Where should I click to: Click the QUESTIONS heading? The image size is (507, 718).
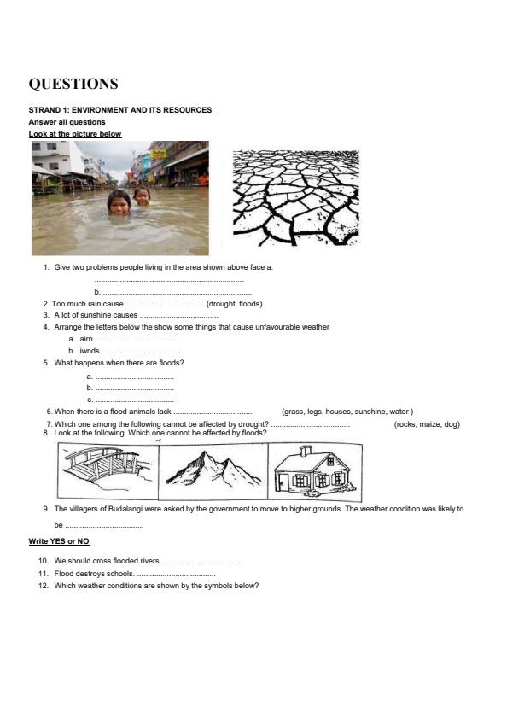pos(73,84)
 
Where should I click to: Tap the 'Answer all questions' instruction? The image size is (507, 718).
pos(67,122)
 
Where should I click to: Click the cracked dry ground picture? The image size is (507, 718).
pos(295,198)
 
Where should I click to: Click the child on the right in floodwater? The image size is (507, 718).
pos(141,196)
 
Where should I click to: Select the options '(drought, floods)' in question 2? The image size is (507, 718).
pos(235,304)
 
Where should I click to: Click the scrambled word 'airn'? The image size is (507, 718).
pos(85,339)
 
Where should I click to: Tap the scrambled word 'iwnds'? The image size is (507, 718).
pos(90,351)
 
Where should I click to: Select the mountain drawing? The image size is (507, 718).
pos(209,470)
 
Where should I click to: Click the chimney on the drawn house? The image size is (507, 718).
pos(305,450)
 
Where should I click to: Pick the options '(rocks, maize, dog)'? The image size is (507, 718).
pos(427,424)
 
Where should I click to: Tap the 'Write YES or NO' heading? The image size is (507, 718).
pos(59,542)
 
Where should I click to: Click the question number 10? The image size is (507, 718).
pos(44,561)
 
